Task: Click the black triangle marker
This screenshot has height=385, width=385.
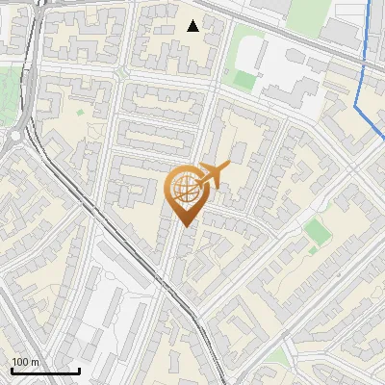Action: tap(193, 26)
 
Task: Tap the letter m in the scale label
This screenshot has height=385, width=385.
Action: tap(36, 362)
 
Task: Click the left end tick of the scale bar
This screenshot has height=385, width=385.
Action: tap(13, 371)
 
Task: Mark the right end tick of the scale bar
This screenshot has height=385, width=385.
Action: tap(80, 371)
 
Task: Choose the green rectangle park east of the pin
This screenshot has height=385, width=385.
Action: tap(317, 231)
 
